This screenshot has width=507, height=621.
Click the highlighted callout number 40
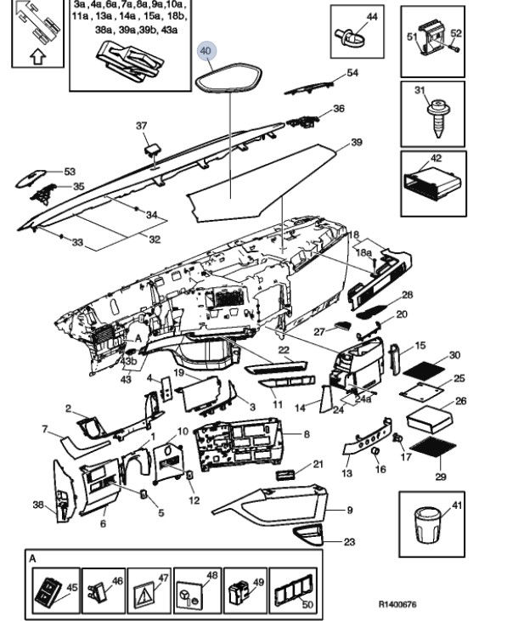tap(206, 51)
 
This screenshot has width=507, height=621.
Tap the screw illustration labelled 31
tap(437, 118)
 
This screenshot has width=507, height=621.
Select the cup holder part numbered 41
tap(427, 524)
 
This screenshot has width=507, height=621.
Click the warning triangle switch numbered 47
tap(145, 592)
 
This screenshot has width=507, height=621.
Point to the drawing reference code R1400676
tap(397, 604)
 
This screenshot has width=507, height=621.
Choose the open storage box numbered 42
tap(432, 184)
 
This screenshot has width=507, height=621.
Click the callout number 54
tap(352, 72)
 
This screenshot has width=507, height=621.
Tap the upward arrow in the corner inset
tap(37, 57)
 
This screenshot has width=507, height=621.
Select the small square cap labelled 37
tap(153, 150)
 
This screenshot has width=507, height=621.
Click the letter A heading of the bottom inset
tap(32, 559)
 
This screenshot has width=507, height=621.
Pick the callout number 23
tap(349, 541)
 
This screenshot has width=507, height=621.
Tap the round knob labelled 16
tap(375, 451)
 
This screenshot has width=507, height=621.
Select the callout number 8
tap(307, 434)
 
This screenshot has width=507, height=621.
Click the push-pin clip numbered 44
tap(346, 35)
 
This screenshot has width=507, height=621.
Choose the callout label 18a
tap(364, 252)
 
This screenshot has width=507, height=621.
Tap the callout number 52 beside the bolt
tap(456, 33)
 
